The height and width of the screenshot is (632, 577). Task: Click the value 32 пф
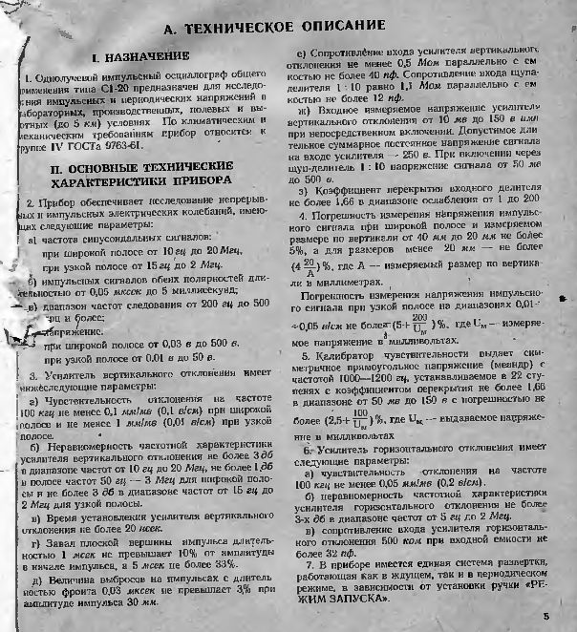pos(324,551)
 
